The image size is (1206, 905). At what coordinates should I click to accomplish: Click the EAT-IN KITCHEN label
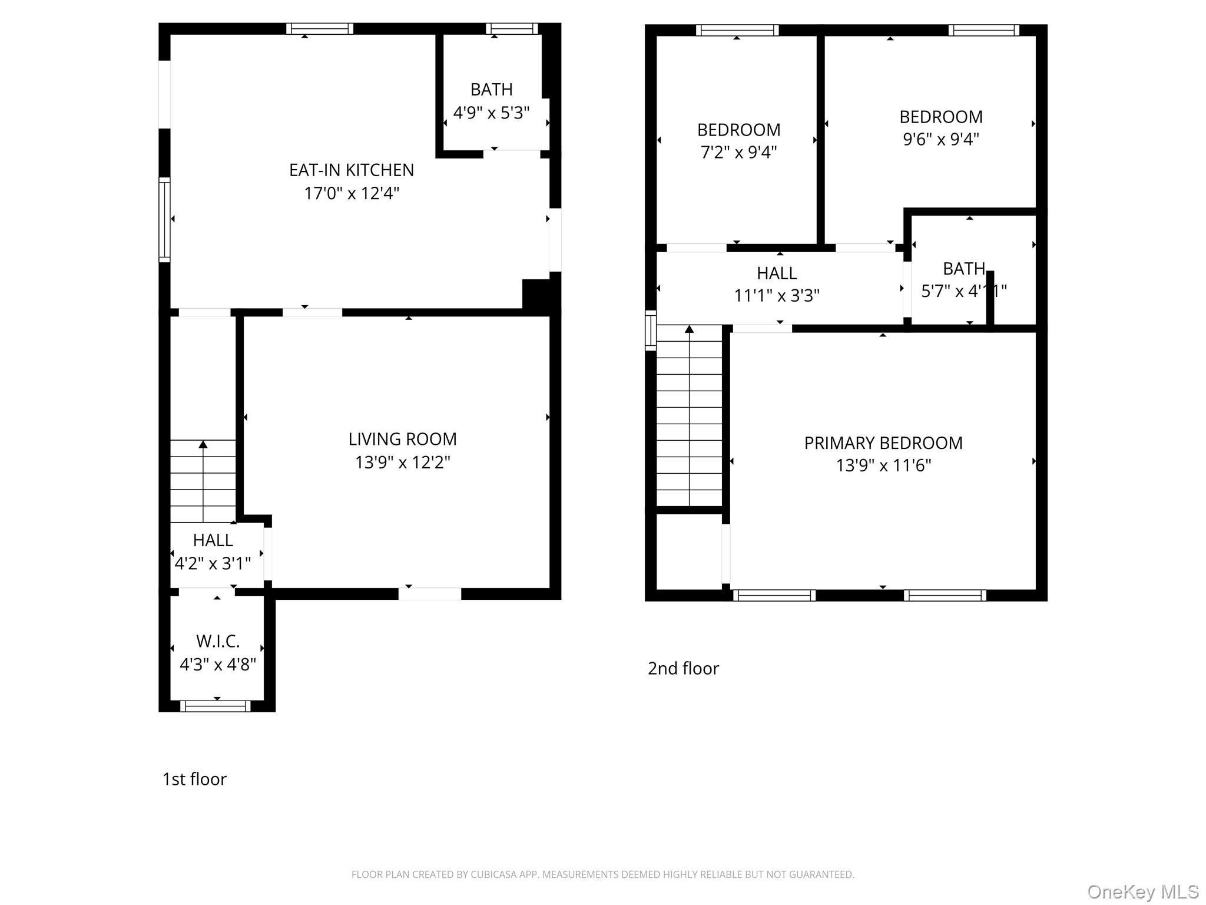351,170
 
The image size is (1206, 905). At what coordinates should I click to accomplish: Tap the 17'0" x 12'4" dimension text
351,193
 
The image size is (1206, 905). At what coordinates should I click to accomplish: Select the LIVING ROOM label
402,439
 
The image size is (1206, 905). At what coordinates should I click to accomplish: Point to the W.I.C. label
217,641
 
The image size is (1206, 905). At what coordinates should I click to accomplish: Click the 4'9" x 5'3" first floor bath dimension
491,113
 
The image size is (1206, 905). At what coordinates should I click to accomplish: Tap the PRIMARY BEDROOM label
883,443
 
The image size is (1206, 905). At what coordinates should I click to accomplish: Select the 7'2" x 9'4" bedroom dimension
738,152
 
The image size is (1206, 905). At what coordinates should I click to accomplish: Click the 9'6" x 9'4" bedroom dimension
940,140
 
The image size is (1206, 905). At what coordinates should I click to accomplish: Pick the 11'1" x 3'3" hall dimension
776,295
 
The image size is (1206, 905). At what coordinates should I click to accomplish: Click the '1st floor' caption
194,779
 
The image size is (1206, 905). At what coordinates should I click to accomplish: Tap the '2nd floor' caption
683,668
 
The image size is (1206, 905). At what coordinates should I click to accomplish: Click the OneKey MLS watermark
1142,891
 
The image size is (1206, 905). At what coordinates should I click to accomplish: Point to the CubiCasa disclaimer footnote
602,874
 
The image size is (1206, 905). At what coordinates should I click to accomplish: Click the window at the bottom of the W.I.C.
215,706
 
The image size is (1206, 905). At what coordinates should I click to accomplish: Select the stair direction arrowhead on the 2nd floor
689,329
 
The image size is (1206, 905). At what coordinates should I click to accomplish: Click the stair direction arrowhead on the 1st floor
203,444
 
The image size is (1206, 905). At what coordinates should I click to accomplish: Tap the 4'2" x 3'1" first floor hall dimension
213,563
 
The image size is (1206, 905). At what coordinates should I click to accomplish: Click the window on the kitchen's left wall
164,219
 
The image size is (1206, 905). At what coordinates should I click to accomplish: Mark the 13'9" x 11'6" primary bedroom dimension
883,465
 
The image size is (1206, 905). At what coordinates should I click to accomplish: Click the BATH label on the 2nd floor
963,269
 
